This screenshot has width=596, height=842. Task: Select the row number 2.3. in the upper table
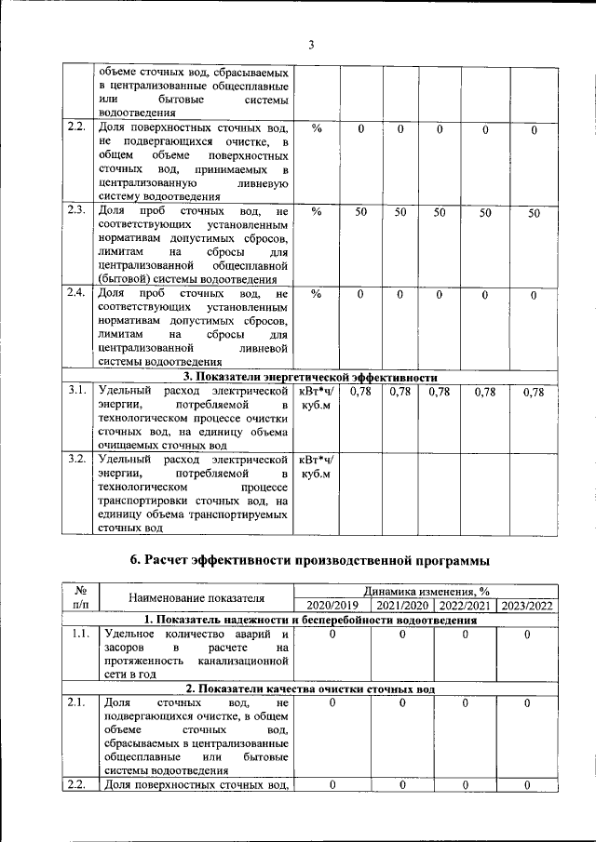76,212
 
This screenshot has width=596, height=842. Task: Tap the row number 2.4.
76,294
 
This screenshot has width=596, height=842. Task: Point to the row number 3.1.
76,391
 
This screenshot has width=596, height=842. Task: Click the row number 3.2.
76,459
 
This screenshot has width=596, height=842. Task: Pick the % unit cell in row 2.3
317,213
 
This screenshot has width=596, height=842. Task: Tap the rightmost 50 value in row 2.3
534,213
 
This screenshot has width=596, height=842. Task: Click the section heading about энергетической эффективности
309,377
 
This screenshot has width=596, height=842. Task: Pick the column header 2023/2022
526,606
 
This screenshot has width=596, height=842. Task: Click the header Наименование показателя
196,597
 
